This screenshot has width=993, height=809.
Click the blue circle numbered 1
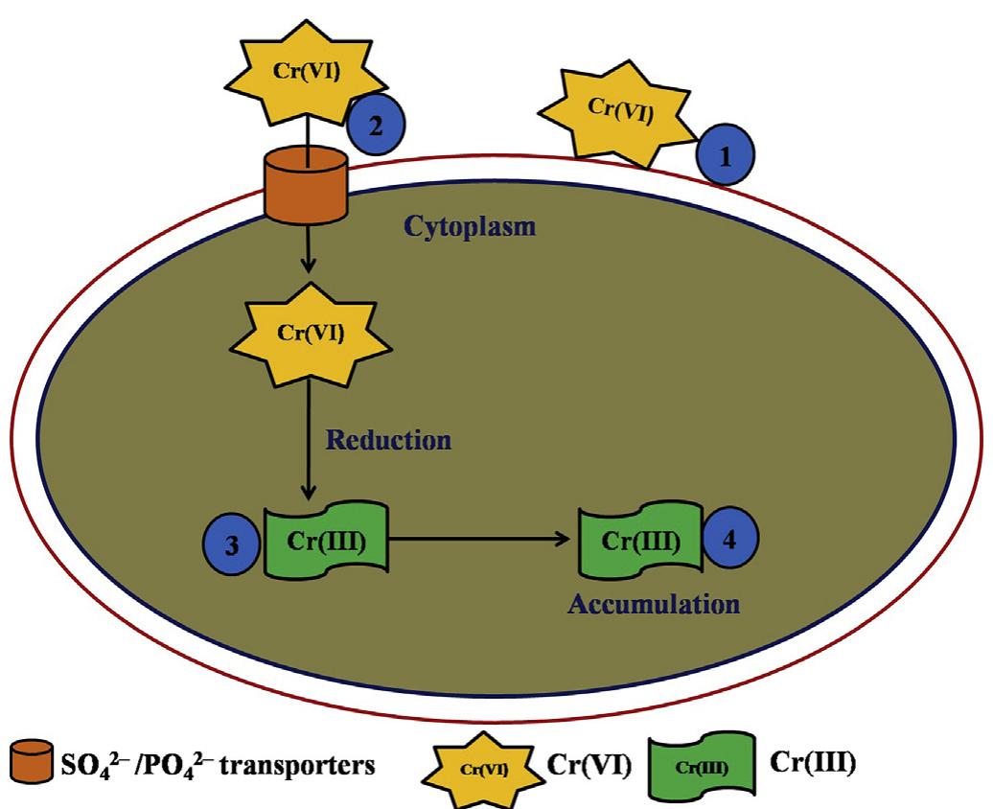(x=724, y=157)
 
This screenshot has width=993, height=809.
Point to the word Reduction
(x=387, y=441)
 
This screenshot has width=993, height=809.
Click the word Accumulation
(x=654, y=605)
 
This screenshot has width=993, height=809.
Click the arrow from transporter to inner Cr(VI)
(x=307, y=254)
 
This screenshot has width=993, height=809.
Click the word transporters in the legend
(x=287, y=766)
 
